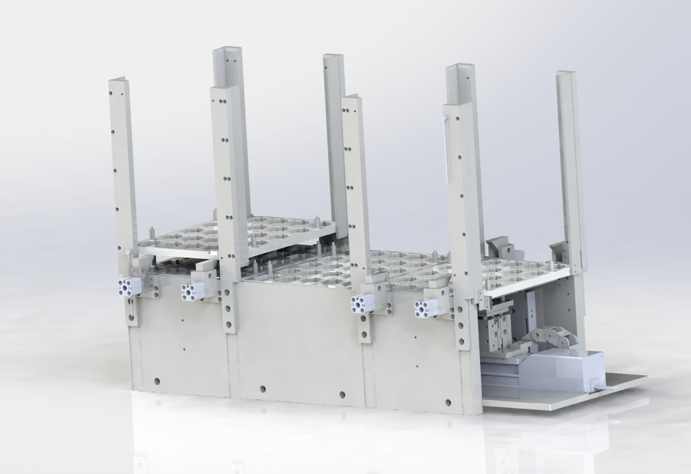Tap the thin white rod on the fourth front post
click(445, 148)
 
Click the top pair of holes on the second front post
click(222, 101)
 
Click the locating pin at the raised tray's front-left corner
click(153, 233)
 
